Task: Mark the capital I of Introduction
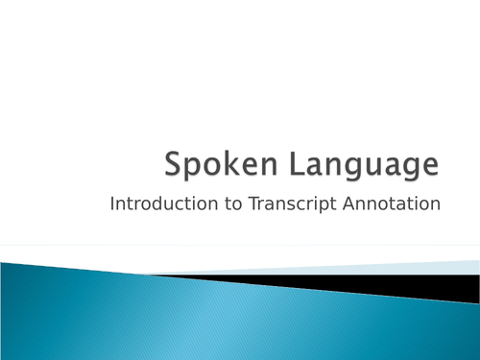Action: click(113, 204)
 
